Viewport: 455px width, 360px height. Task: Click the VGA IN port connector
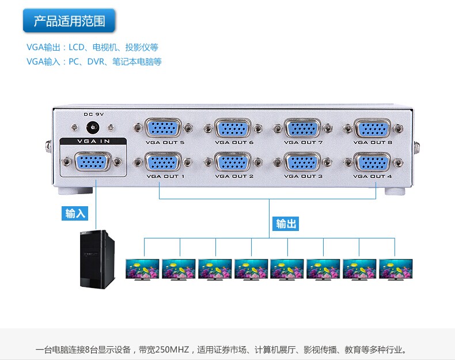click(93, 162)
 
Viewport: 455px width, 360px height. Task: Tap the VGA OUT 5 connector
click(163, 128)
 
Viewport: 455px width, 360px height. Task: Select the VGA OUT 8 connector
click(373, 128)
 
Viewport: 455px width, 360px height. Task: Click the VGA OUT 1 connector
click(163, 162)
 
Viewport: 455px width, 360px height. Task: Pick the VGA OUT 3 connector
click(303, 162)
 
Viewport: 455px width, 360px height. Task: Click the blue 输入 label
click(75, 213)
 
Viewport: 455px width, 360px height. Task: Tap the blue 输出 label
click(286, 223)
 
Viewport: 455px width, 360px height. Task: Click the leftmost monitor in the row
click(142, 269)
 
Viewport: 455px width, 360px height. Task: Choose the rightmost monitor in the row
click(396, 269)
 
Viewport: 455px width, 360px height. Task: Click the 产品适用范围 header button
click(69, 21)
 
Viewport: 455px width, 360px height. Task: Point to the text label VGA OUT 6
click(234, 142)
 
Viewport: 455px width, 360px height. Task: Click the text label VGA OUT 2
click(234, 176)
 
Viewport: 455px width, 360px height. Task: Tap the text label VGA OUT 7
click(303, 142)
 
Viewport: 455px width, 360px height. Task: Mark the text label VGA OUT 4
click(373, 176)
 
